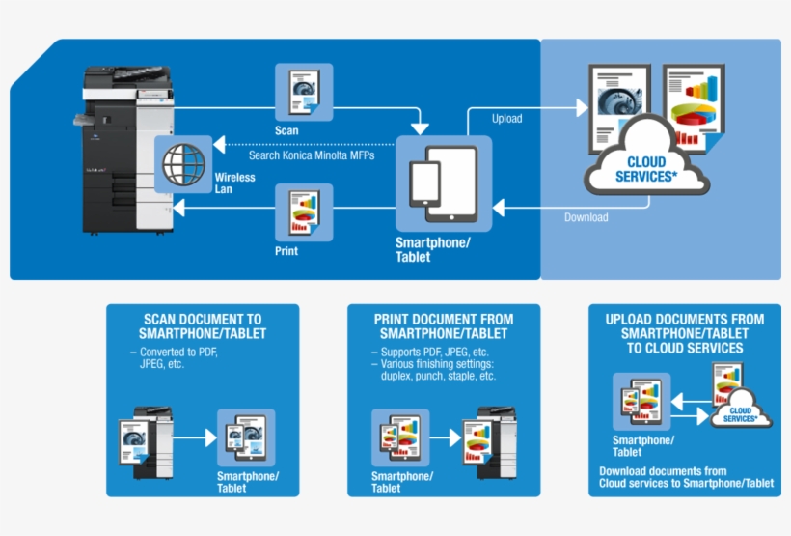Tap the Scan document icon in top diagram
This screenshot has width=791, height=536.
coord(304,92)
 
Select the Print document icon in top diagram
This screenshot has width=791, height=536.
coord(304,213)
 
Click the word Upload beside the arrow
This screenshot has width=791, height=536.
coord(506,119)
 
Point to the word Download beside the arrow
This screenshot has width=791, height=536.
coord(586,217)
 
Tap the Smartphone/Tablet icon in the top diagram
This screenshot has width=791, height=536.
coord(443,183)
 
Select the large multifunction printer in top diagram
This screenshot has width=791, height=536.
coord(115,149)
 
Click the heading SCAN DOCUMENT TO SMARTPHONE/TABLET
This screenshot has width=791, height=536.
coord(203,326)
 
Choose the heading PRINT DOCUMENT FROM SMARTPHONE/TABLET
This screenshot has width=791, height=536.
coord(444,326)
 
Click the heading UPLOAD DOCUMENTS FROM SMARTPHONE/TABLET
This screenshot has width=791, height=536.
coord(685,333)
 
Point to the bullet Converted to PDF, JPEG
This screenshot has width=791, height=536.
coord(177,358)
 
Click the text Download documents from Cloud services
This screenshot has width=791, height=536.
coord(686,477)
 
